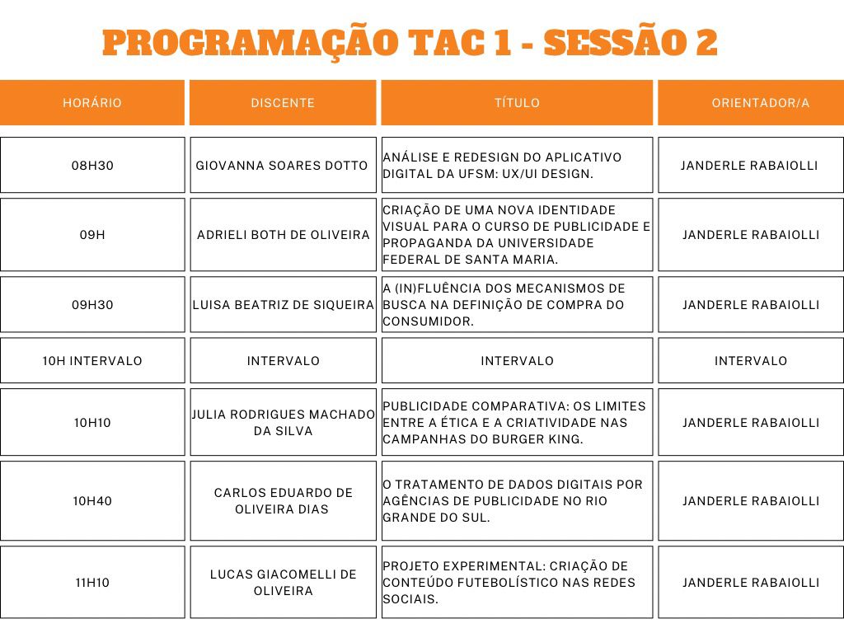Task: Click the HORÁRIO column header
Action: (92, 103)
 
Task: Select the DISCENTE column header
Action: (283, 103)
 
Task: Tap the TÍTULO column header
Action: (517, 103)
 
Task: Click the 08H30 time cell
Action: (92, 166)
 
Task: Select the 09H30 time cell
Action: (92, 305)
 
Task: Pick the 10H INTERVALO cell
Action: (92, 361)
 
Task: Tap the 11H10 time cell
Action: (92, 583)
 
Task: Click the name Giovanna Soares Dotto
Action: (282, 166)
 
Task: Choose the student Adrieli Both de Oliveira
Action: (283, 235)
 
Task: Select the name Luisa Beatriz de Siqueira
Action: (283, 305)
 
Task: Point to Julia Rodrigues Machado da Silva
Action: (283, 423)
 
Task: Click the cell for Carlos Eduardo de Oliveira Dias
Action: (283, 501)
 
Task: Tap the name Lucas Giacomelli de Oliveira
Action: (283, 583)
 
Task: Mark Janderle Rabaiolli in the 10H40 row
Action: (751, 501)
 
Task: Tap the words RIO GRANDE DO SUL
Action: (462, 509)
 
